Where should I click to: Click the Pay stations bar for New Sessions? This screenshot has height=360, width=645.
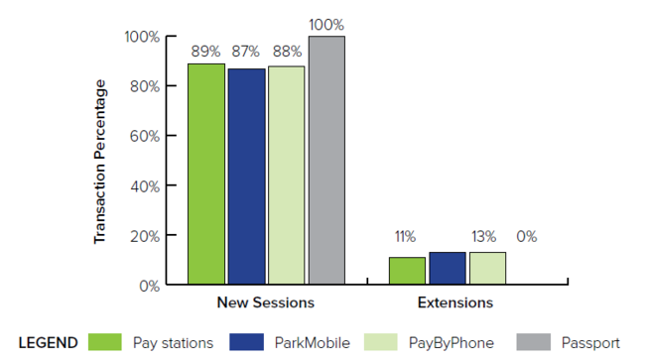point(206,175)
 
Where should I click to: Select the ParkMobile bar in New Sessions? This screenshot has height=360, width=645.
point(246,177)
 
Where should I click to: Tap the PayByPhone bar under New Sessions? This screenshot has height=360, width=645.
point(286,176)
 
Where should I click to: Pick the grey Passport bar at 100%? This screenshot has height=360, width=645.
point(326,161)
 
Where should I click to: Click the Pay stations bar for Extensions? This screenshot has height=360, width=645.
point(407,271)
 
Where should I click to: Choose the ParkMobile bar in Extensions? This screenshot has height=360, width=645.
point(447,268)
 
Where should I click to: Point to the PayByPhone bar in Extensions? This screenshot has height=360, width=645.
point(487,268)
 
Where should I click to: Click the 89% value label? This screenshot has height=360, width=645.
point(206,50)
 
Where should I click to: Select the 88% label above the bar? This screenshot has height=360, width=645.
point(286,50)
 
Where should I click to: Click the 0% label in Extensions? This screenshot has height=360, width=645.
point(526,237)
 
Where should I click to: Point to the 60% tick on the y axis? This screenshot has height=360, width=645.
point(143,136)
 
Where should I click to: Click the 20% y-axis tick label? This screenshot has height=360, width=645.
point(143,235)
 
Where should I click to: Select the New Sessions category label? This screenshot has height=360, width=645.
point(265,301)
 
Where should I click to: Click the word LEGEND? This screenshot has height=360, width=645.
point(48,342)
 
